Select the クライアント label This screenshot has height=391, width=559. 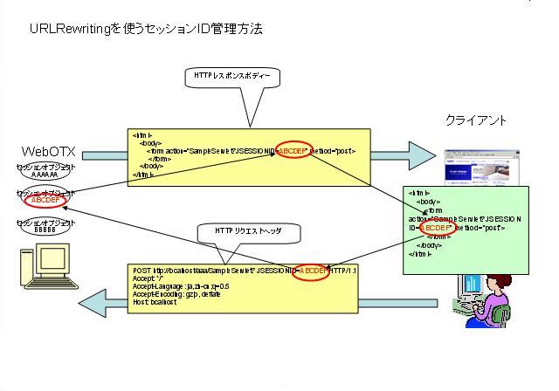point(477,120)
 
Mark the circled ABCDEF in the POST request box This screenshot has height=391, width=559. point(313,271)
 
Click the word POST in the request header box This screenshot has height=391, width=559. point(142,271)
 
